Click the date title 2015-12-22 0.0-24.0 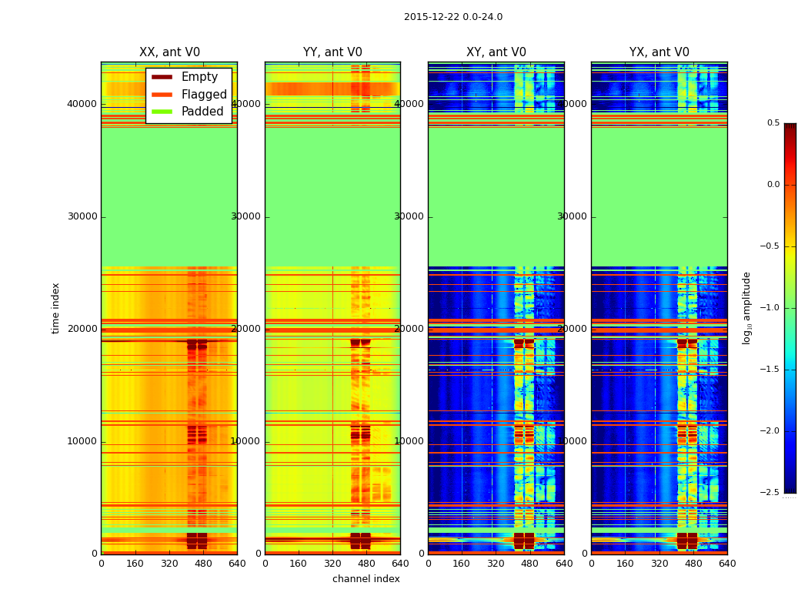click(453, 17)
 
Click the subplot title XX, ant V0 click(169, 52)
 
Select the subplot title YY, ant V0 click(332, 52)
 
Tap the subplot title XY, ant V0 click(496, 52)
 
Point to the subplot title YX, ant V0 click(659, 52)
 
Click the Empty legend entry click(199, 77)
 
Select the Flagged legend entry click(204, 95)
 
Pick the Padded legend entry click(202, 112)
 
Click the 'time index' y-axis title click(55, 307)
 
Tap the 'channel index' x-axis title click(366, 579)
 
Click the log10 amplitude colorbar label click(746, 307)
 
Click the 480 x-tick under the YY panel click(366, 563)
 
